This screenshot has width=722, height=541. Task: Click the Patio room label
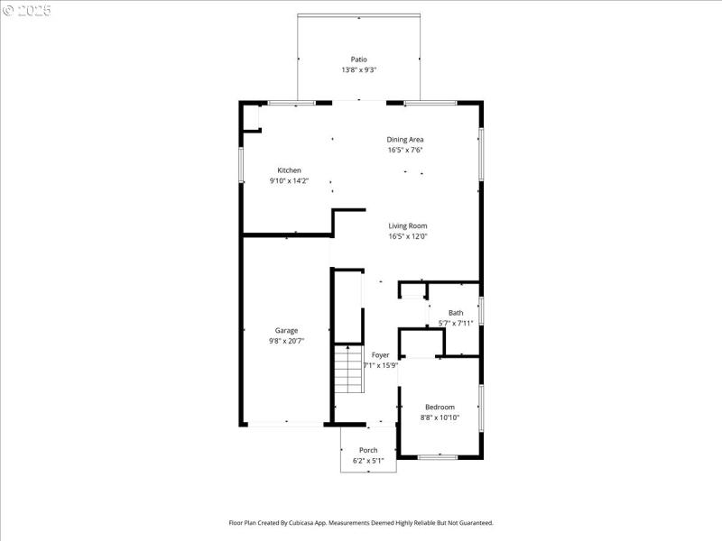[359, 60]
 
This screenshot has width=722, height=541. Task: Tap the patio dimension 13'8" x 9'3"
[359, 70]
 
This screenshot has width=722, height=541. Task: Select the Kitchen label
[289, 170]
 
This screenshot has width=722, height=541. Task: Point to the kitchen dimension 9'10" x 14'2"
[289, 181]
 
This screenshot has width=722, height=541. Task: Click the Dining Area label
[405, 140]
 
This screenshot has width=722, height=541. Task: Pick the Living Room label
[408, 226]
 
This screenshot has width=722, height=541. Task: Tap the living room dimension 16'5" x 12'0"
[408, 237]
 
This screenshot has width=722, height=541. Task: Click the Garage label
[286, 331]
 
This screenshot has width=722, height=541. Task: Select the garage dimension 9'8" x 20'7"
[286, 342]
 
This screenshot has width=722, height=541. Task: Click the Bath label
[456, 313]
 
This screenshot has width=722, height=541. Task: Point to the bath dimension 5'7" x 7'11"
[456, 323]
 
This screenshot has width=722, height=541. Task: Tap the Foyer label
[381, 355]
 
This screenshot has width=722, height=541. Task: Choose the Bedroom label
[440, 407]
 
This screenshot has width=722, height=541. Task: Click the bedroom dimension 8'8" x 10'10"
[440, 417]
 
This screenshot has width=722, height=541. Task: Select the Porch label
[368, 450]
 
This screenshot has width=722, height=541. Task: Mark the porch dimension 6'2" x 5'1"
[368, 461]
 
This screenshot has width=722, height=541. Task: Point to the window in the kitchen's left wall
[241, 164]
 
